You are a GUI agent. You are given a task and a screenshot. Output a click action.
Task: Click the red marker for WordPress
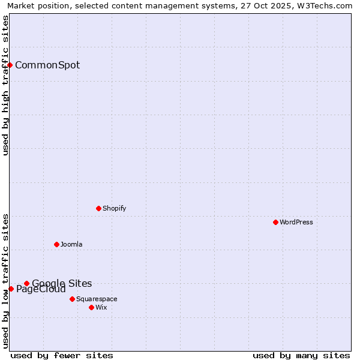pyautogui.click(x=275, y=222)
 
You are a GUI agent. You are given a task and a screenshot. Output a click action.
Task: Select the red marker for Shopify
pyautogui.click(x=98, y=208)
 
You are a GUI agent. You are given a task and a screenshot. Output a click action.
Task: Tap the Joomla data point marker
pyautogui.click(x=56, y=244)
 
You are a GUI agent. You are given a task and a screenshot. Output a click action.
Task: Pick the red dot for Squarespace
pyautogui.click(x=72, y=299)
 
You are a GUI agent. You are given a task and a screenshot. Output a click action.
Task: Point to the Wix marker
pyautogui.click(x=91, y=307)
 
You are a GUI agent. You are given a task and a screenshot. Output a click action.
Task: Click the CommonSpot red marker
pyautogui.click(x=10, y=65)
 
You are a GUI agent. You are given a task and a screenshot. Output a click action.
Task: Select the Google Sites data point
pyautogui.click(x=26, y=283)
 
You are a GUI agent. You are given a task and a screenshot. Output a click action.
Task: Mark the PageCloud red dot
pyautogui.click(x=11, y=289)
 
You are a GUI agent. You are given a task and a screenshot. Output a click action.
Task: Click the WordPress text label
pyautogui.click(x=296, y=222)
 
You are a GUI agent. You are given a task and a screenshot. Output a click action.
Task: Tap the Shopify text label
pyautogui.click(x=114, y=208)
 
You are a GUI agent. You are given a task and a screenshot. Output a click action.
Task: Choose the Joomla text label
pyautogui.click(x=71, y=244)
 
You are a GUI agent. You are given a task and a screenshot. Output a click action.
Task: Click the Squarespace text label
pyautogui.click(x=97, y=299)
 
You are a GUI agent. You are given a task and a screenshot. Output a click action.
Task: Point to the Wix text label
pyautogui.click(x=101, y=307)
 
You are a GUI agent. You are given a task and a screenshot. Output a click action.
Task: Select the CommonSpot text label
pyautogui.click(x=47, y=65)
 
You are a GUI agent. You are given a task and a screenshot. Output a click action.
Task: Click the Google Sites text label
pyautogui.click(x=62, y=283)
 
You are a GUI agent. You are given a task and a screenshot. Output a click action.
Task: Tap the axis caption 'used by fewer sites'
pyautogui.click(x=62, y=355)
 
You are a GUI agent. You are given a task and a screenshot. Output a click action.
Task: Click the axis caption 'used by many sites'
pyautogui.click(x=301, y=355)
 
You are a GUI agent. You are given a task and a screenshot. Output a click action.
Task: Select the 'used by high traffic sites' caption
pyautogui.click(x=6, y=85)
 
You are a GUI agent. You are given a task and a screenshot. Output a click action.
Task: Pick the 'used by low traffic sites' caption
pyautogui.click(x=6, y=281)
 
